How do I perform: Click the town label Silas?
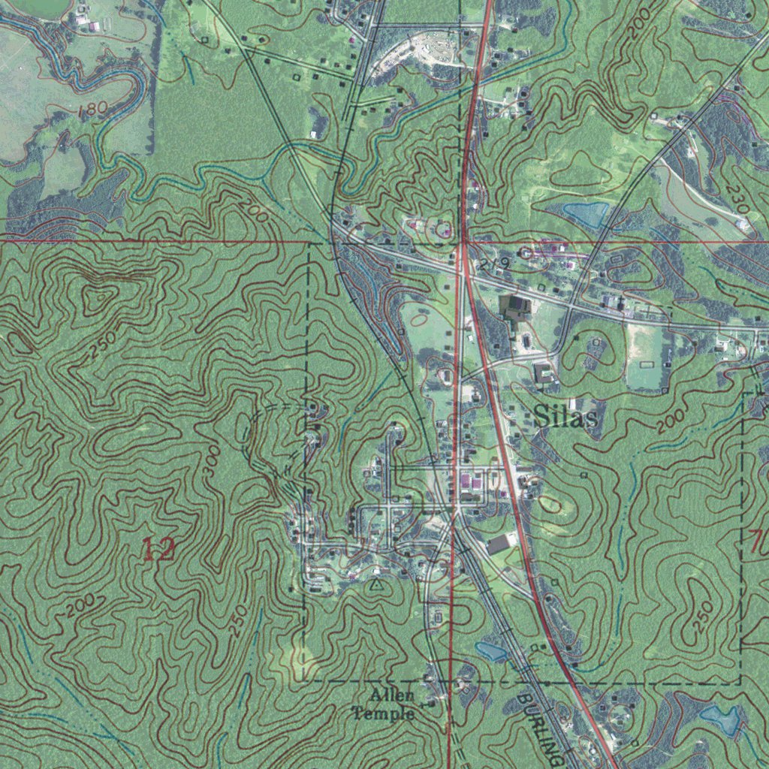[x=568, y=418]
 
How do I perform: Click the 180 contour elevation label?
[x=92, y=110]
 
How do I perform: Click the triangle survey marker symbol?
[x=377, y=581]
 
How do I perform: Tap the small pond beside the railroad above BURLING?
[x=490, y=651]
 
